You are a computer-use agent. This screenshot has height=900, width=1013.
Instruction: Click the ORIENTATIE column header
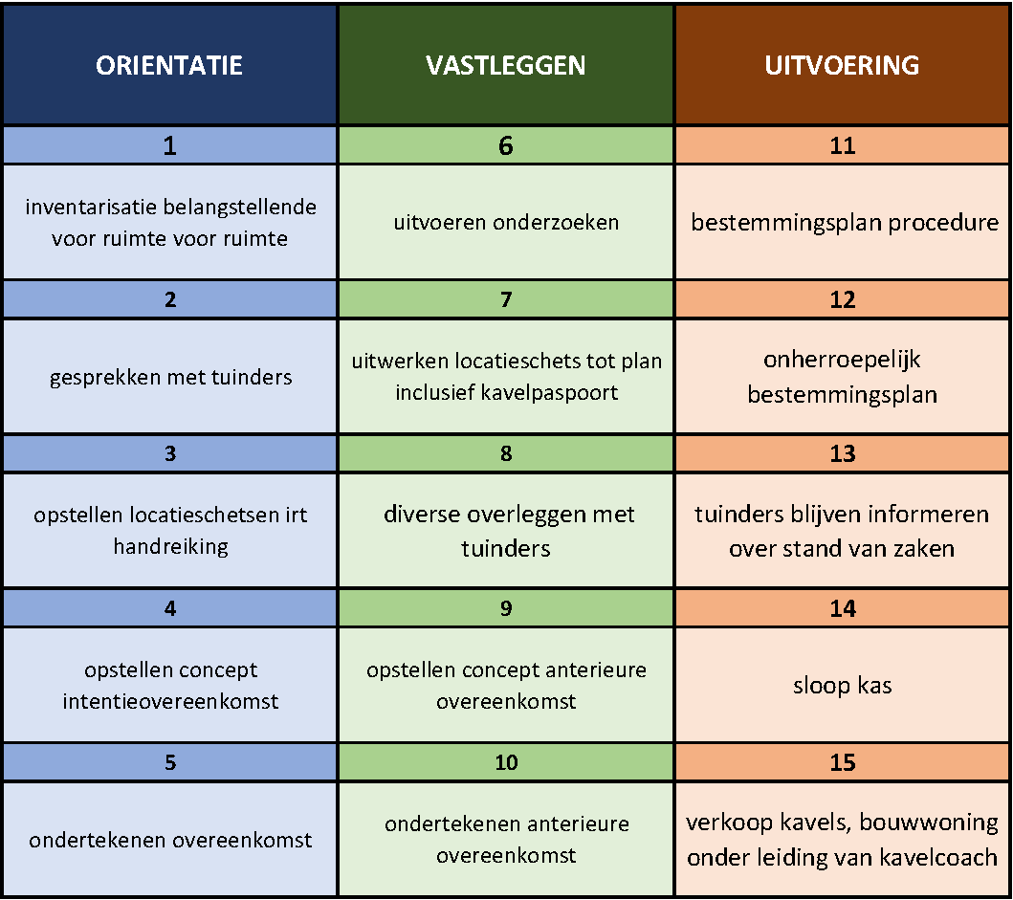[x=169, y=65]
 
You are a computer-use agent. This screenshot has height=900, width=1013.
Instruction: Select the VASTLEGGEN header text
[x=506, y=65]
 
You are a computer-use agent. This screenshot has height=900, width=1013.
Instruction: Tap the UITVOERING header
[x=842, y=65]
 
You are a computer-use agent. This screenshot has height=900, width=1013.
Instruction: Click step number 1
[x=170, y=145]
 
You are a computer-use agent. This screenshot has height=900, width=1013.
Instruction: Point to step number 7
[x=506, y=299]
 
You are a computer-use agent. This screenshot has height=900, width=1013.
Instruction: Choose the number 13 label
[x=843, y=453]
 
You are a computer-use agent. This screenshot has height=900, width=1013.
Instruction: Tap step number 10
[x=507, y=762]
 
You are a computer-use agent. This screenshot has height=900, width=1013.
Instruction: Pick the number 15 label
[x=843, y=762]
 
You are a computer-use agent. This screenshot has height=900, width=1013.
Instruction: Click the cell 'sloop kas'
[x=843, y=685]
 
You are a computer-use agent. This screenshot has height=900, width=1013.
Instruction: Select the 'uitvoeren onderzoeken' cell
[x=507, y=222]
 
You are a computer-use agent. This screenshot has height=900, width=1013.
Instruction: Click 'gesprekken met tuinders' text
[x=170, y=377]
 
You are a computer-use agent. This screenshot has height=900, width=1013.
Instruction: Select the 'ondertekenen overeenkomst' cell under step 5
[x=170, y=840]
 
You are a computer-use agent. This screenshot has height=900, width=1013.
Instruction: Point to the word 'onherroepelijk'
[x=842, y=360]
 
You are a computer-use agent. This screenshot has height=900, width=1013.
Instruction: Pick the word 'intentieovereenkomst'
[x=170, y=701]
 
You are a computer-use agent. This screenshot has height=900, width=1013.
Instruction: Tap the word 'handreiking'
[x=170, y=546]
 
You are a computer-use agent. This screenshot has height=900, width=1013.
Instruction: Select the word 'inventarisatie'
[x=91, y=207]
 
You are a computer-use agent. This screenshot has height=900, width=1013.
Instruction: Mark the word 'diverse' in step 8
[x=421, y=515]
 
